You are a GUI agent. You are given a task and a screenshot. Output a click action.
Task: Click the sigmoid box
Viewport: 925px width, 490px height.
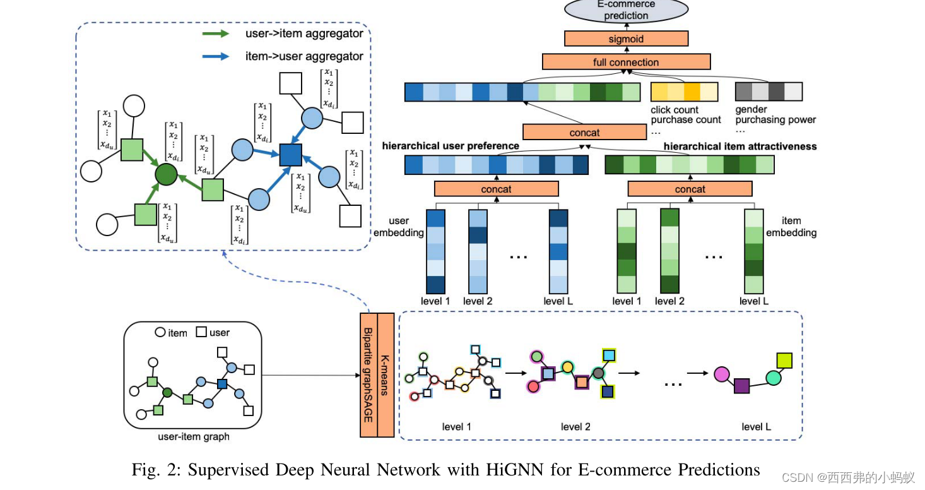tap(626, 39)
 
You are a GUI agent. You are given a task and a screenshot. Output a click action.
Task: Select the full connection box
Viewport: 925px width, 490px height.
tap(626, 62)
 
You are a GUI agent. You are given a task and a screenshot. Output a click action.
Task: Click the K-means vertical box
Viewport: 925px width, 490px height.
tap(385, 374)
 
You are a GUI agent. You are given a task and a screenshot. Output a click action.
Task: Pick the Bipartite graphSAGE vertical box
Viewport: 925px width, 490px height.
tap(368, 374)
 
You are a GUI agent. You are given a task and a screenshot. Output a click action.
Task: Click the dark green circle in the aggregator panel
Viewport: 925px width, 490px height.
tap(167, 174)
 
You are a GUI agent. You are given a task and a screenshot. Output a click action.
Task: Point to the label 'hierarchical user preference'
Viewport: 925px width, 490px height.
tap(451, 146)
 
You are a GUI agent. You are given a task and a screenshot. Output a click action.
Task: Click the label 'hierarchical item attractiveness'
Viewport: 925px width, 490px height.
tap(740, 146)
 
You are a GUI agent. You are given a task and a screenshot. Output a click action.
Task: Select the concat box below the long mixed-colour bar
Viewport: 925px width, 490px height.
tap(584, 133)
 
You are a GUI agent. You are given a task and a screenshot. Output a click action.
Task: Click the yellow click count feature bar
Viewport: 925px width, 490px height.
tap(684, 92)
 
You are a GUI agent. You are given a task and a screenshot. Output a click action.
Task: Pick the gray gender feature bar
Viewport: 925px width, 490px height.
tap(769, 92)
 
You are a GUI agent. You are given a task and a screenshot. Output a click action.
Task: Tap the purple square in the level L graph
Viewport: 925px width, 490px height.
tap(741, 385)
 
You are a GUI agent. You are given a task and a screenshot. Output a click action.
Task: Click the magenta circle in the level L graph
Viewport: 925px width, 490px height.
tap(722, 374)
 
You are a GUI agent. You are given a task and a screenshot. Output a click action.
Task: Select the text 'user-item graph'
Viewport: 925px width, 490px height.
tap(192, 436)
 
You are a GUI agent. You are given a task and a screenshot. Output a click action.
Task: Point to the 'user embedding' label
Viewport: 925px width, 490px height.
tap(399, 227)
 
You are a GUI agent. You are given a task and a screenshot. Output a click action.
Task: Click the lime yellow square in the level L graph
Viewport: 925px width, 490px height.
tap(784, 361)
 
